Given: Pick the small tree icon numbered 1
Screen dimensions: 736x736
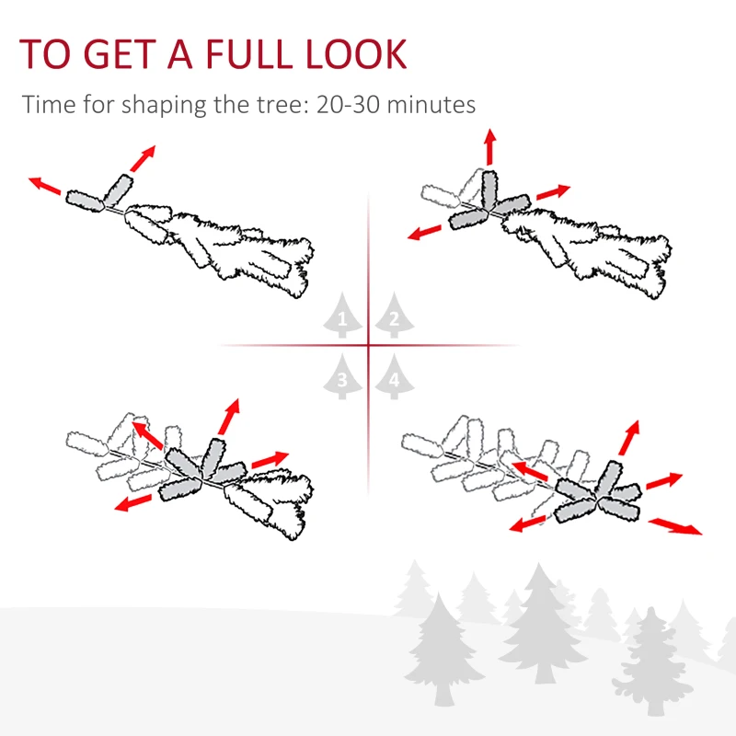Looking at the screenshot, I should click(x=342, y=317).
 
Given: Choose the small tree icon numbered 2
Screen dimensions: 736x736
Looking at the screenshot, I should click(x=394, y=317).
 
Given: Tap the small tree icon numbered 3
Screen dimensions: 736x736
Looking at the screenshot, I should click(x=342, y=377).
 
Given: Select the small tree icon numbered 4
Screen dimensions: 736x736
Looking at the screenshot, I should click(x=394, y=377).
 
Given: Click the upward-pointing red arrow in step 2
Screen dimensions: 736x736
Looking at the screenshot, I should click(x=489, y=146).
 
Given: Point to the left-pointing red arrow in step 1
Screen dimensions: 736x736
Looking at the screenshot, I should click(x=45, y=186).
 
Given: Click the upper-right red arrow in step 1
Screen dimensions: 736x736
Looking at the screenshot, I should click(x=142, y=158).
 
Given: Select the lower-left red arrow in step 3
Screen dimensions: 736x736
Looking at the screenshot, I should click(x=134, y=500).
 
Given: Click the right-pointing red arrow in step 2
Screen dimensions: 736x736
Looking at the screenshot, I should click(x=553, y=192).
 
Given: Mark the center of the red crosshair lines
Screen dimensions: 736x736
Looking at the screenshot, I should click(x=368, y=346).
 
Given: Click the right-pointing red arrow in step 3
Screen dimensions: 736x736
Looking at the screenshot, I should click(x=270, y=459).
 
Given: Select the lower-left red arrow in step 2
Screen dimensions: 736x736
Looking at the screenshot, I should click(x=427, y=231).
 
